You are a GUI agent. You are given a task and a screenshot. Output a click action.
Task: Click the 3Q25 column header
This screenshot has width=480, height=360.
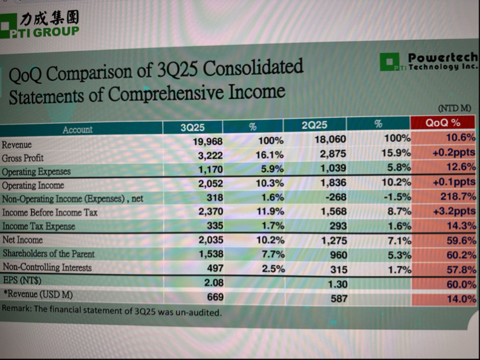(x=193, y=127)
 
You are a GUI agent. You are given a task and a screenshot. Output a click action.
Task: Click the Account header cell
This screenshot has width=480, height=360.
(x=77, y=129)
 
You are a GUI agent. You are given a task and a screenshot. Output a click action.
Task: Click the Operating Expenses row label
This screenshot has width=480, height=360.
(x=36, y=172)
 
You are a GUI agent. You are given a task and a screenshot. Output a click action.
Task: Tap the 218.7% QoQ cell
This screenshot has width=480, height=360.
(x=458, y=197)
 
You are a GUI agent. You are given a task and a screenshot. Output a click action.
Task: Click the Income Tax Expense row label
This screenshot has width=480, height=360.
(x=39, y=227)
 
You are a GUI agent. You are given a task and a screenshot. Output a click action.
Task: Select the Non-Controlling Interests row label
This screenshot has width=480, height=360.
(x=47, y=267)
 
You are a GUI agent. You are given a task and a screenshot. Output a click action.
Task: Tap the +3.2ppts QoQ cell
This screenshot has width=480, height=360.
(x=454, y=211)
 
